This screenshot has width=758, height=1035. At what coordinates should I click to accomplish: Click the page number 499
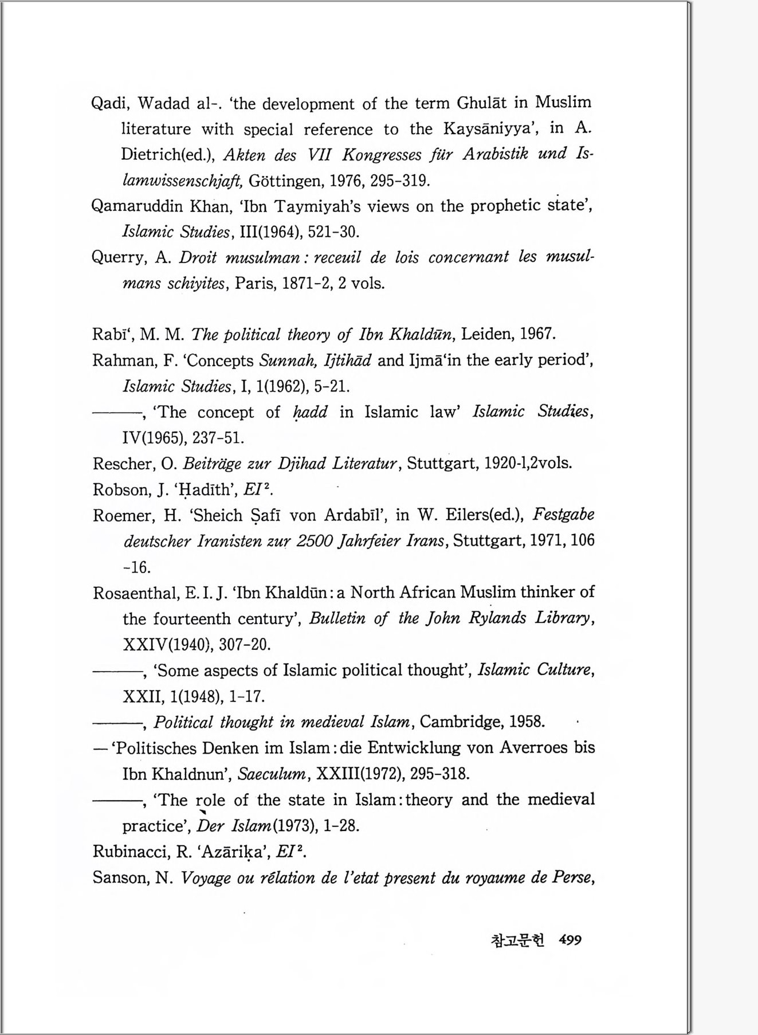coord(570,940)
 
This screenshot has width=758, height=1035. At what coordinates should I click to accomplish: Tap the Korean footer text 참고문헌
coord(517,940)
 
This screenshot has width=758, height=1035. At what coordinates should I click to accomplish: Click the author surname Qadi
coord(111,104)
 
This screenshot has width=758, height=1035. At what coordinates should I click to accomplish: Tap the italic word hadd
coord(310,413)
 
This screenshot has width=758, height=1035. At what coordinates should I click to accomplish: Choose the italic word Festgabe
coord(563,514)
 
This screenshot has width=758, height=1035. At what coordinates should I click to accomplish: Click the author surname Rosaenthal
coord(135,593)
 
